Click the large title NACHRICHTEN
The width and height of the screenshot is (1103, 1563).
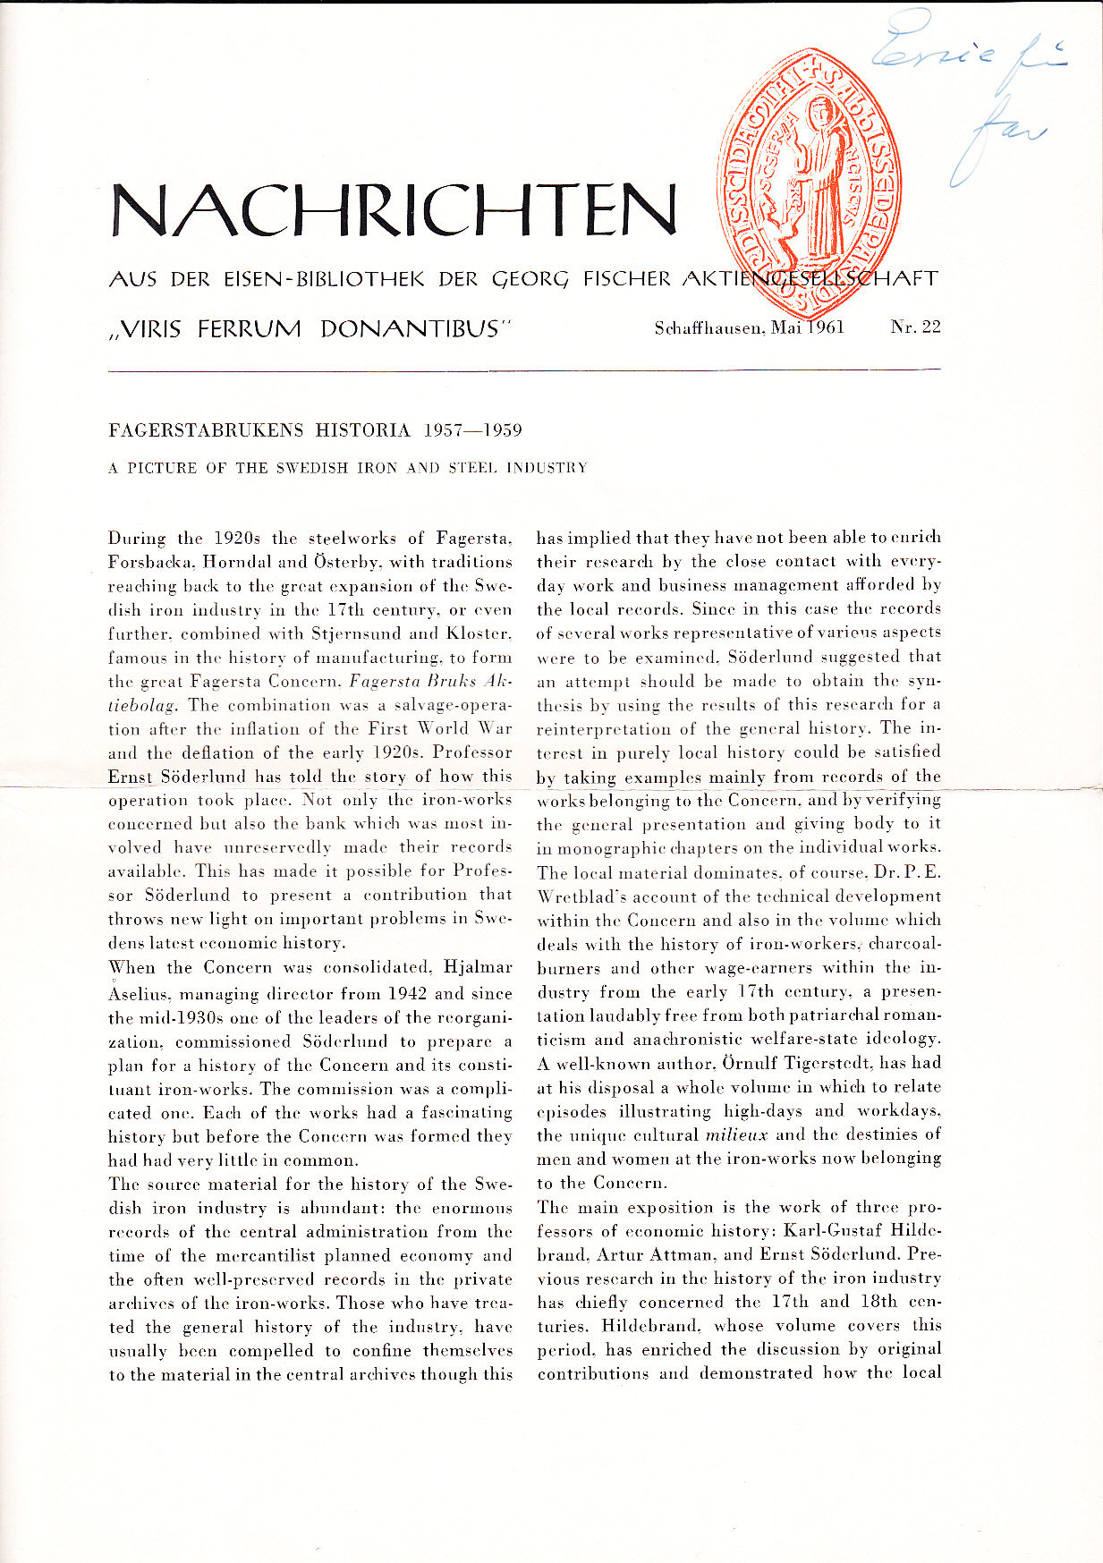point(394,210)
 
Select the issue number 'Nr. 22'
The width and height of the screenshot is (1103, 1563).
point(915,327)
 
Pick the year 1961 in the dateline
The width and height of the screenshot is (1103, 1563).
point(827,327)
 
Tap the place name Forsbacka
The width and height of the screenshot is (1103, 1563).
point(150,563)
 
